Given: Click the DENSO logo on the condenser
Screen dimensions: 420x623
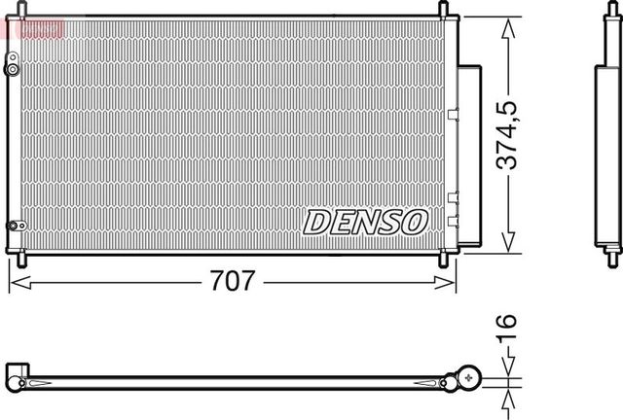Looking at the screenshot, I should pyautogui.click(x=365, y=222).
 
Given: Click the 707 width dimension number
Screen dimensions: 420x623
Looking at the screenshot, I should pyautogui.click(x=233, y=283).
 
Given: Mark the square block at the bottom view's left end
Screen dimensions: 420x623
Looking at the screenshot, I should pyautogui.click(x=17, y=374).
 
